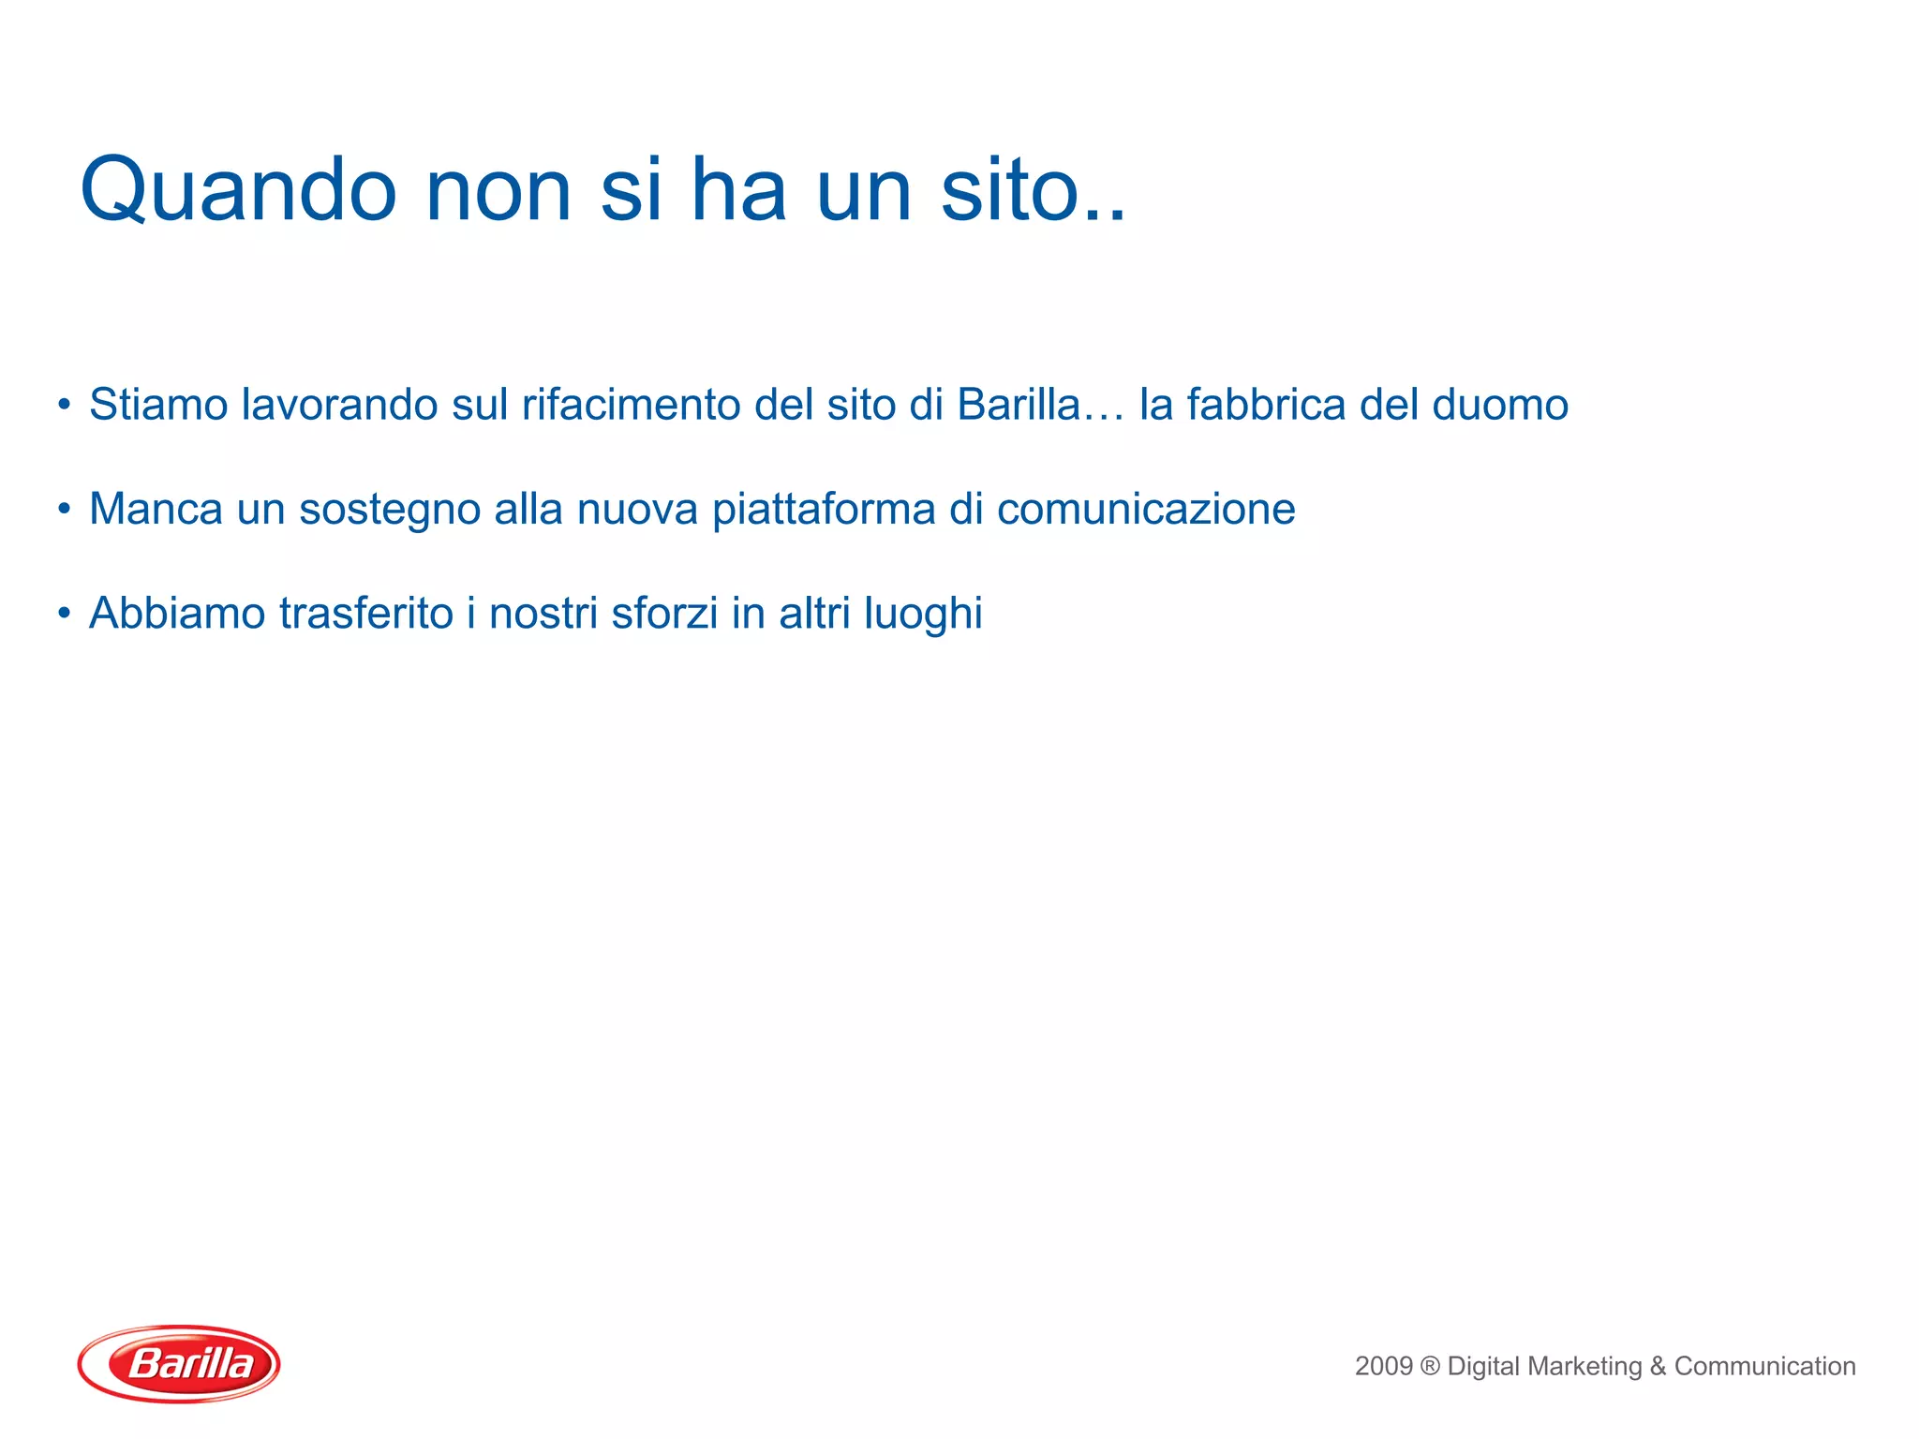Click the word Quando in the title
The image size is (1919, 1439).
point(239,191)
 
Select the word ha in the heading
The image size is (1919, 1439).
point(738,191)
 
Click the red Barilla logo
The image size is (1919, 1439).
point(179,1363)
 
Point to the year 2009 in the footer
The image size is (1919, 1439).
point(1383,1366)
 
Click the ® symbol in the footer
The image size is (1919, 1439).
point(1430,1366)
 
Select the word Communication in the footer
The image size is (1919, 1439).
point(1764,1366)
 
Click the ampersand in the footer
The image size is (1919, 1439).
point(1658,1366)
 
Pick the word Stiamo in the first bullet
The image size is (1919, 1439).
point(158,406)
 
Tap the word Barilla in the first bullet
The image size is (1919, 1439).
point(1019,406)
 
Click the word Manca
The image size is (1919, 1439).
point(156,510)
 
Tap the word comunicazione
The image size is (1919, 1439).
point(1145,510)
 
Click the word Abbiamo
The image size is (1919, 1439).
point(177,614)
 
